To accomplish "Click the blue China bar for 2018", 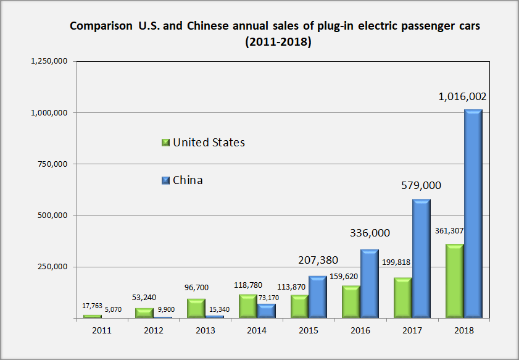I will (473, 213).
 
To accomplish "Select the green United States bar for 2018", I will (454, 281).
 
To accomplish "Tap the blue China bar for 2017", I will (421, 258).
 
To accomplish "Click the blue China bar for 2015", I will (317, 296).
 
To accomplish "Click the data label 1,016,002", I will (462, 97).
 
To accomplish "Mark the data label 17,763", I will (93, 306).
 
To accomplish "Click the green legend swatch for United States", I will (165, 143).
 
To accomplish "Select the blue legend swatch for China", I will (165, 180).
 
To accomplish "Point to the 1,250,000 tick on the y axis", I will (49, 61).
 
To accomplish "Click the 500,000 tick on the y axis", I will (52, 216).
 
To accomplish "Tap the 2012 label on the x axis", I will (153, 331).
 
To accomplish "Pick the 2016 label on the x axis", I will (360, 331).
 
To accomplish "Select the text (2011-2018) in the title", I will (277, 43).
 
